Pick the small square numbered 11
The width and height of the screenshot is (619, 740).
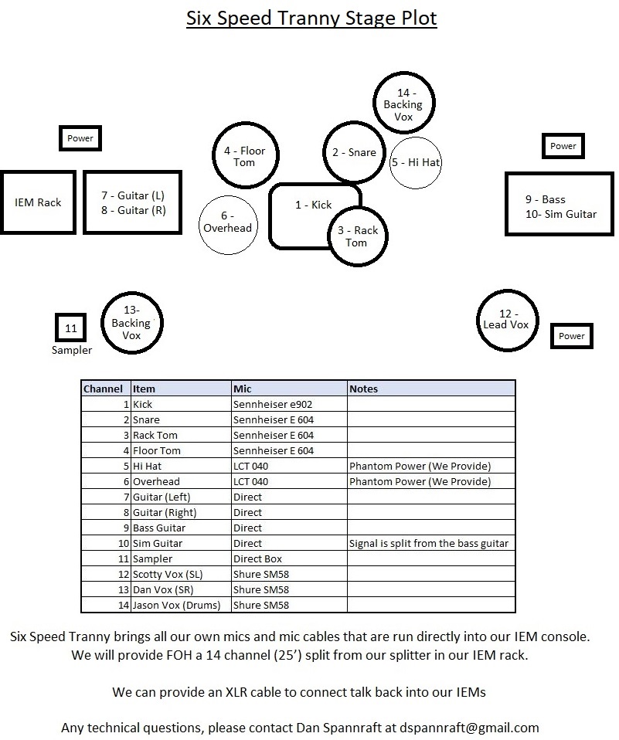(x=71, y=328)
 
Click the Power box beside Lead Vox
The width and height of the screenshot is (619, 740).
(x=571, y=336)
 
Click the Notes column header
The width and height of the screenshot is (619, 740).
(x=363, y=389)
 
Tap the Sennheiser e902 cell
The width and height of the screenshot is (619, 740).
(x=273, y=404)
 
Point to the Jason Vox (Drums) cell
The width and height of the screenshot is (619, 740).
(x=177, y=605)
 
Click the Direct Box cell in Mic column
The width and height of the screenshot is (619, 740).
(x=257, y=558)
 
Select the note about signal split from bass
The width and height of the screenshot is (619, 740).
(x=429, y=543)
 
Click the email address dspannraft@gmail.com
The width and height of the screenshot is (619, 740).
(x=469, y=728)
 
